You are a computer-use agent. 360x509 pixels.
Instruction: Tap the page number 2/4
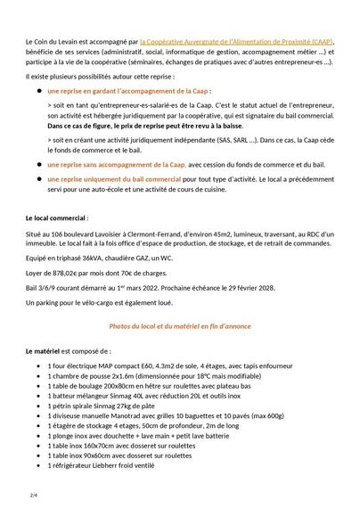[x=34, y=493]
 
